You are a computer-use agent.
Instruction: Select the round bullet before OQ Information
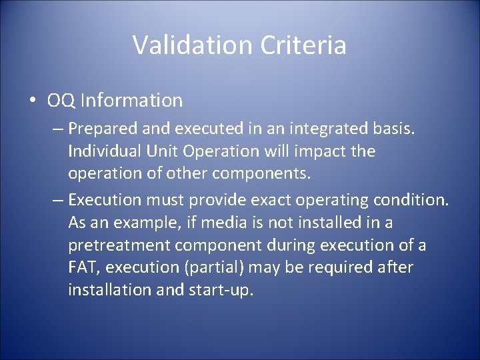pyautogui.click(x=33, y=101)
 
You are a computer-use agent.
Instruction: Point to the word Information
pyautogui.click(x=131, y=101)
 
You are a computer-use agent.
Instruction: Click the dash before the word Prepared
pyautogui.click(x=57, y=127)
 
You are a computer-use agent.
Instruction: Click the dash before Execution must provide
pyautogui.click(x=57, y=199)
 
